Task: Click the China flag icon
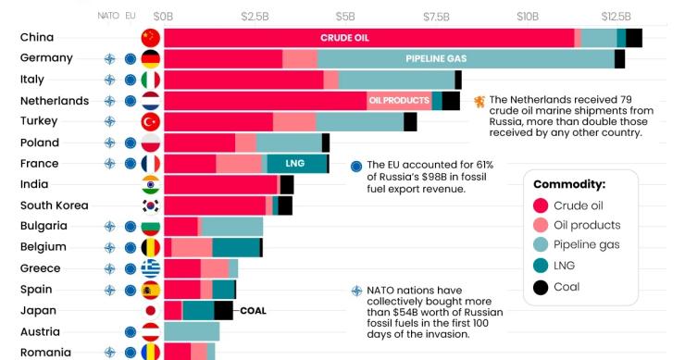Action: [150, 38]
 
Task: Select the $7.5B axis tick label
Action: [436, 16]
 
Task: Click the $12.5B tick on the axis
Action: [616, 16]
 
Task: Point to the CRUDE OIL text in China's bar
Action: [344, 38]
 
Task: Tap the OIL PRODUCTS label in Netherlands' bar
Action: [399, 100]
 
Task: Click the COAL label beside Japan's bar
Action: [253, 311]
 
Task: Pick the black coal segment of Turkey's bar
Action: [410, 121]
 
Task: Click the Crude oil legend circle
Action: [541, 205]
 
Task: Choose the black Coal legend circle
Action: [541, 287]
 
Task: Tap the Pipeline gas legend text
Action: [587, 245]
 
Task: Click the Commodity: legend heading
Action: [568, 184]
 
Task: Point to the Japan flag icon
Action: [150, 311]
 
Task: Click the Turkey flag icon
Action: [150, 121]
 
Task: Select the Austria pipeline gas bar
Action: [192, 331]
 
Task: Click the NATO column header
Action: [108, 16]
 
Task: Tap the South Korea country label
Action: [54, 205]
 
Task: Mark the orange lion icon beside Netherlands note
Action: [479, 101]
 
